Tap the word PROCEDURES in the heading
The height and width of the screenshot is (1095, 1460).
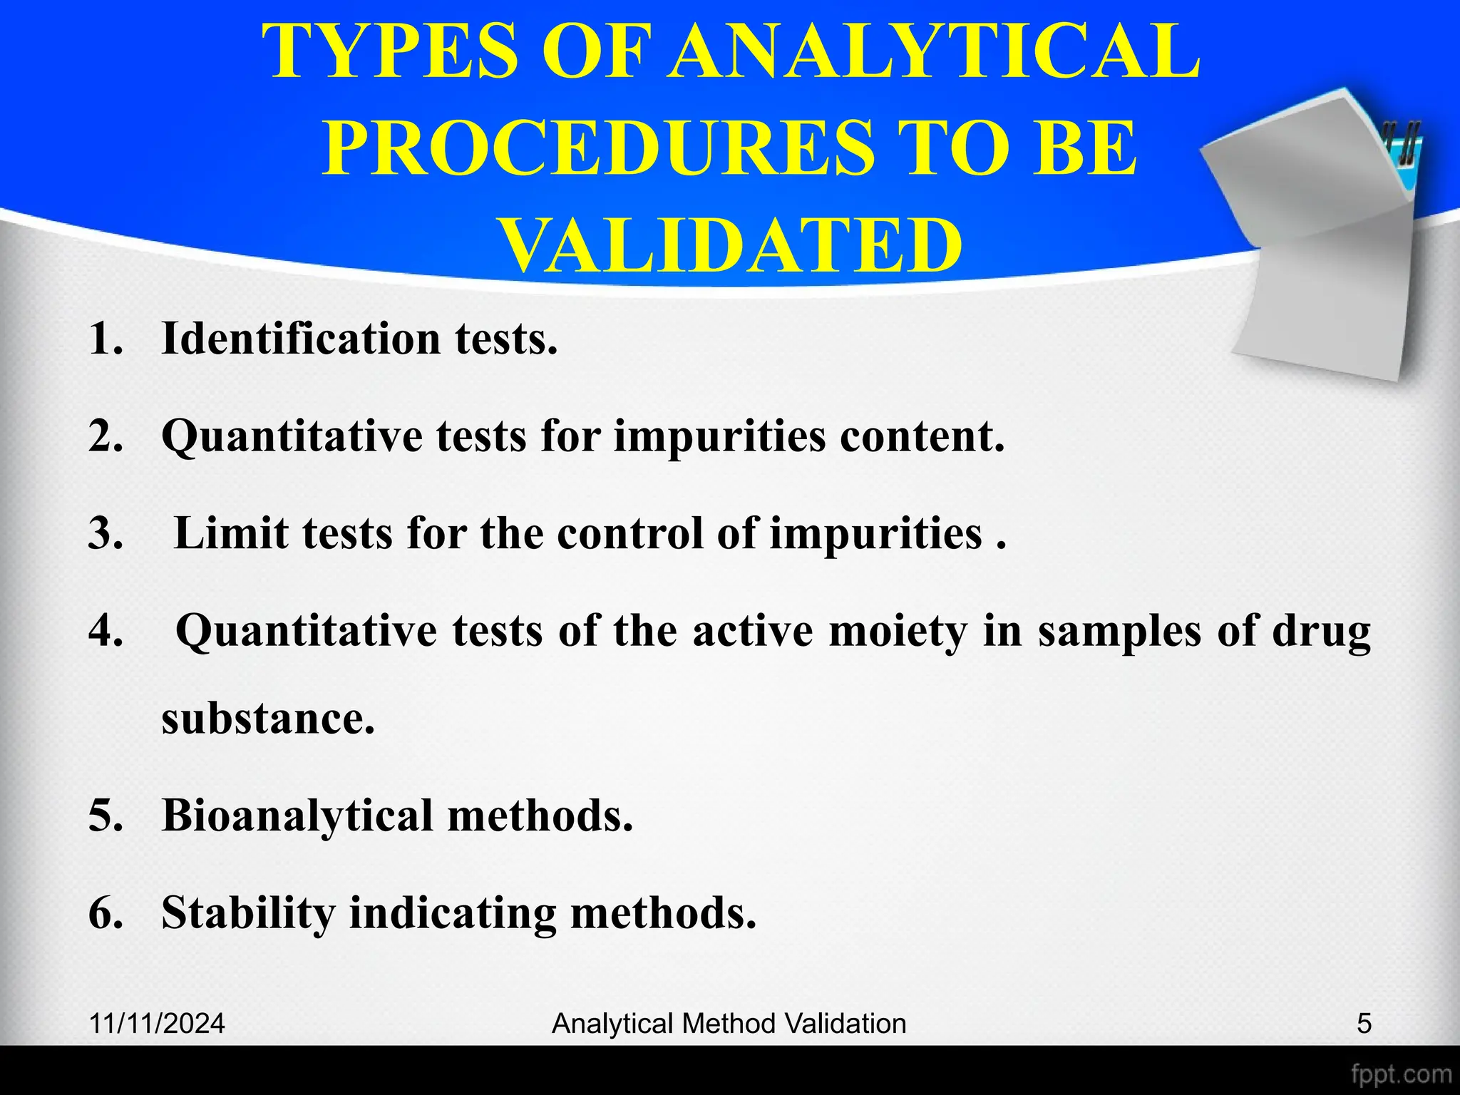point(597,148)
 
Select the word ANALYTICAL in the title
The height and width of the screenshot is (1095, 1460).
point(935,51)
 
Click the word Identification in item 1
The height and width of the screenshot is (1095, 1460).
point(301,338)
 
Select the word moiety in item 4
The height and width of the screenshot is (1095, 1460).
point(898,630)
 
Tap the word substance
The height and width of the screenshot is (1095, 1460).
point(267,718)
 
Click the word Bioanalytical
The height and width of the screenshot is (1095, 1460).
point(297,815)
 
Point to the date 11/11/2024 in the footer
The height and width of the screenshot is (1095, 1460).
point(157,1024)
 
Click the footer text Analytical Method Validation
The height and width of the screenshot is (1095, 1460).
point(729,1024)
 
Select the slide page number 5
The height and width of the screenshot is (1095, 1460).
point(1364,1024)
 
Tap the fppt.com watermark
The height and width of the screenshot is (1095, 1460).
point(1401,1074)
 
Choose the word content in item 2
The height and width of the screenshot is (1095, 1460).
point(922,436)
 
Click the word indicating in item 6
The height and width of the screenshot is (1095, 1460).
point(452,913)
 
